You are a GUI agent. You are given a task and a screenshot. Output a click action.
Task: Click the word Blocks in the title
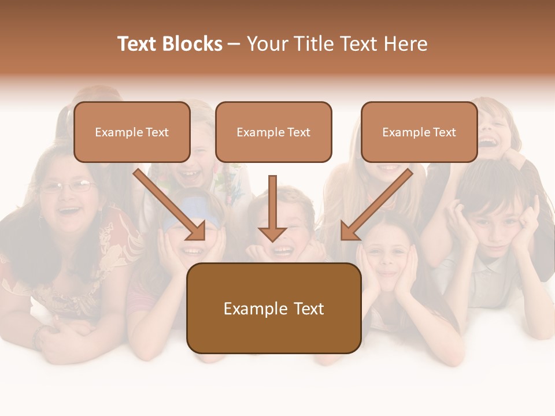pyautogui.click(x=194, y=44)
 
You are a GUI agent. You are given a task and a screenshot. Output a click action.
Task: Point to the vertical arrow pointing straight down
pyautogui.click(x=272, y=208)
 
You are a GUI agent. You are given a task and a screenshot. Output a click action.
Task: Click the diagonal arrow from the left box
pyautogui.click(x=170, y=205)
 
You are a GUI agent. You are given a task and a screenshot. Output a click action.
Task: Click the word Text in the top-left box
pyautogui.click(x=157, y=132)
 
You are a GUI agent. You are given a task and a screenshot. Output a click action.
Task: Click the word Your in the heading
pyautogui.click(x=268, y=44)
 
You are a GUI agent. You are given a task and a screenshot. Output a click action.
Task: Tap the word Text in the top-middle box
pyautogui.click(x=299, y=132)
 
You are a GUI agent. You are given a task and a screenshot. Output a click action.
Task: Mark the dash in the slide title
pyautogui.click(x=234, y=44)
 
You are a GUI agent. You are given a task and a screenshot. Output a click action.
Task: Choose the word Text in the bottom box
pyautogui.click(x=309, y=309)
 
